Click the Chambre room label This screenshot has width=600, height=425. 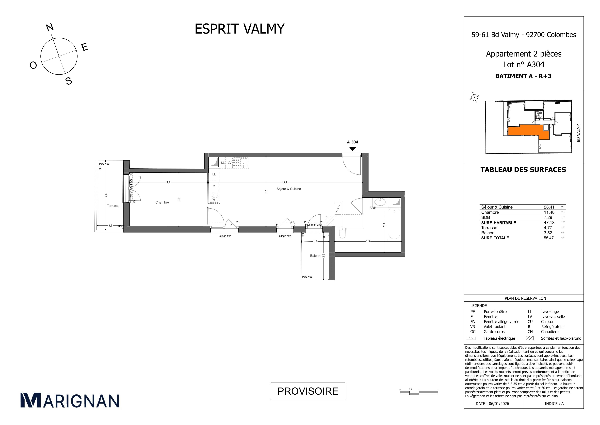[x=162, y=202]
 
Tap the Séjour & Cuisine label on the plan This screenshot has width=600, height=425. [x=289, y=189]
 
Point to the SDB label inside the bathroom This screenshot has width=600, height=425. [x=373, y=208]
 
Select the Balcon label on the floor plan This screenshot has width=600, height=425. [x=315, y=256]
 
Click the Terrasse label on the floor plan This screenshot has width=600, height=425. [x=113, y=206]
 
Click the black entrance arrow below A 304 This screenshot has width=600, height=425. [x=353, y=149]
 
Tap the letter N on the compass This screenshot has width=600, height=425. [x=50, y=27]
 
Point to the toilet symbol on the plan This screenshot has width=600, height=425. [x=342, y=233]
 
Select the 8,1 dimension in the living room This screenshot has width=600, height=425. [x=285, y=182]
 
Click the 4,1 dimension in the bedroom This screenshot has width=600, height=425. [x=168, y=182]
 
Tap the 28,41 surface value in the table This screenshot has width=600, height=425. [x=549, y=207]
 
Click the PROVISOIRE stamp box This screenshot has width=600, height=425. [x=308, y=391]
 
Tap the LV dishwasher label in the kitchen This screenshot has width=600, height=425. [x=229, y=163]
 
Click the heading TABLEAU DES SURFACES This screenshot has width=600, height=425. [x=523, y=170]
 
